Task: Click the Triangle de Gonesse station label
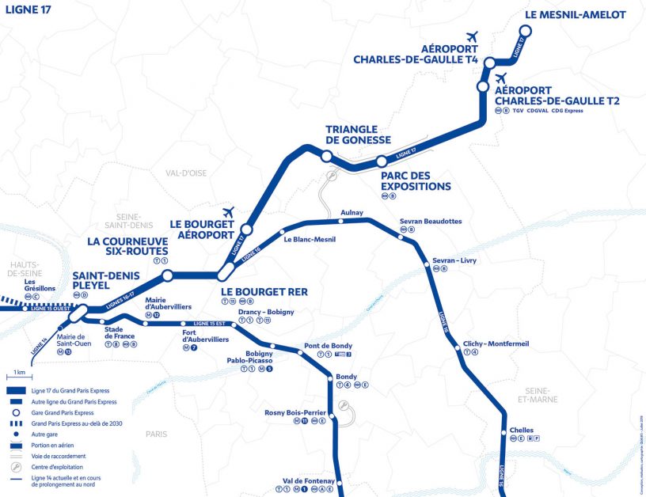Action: coord(358,134)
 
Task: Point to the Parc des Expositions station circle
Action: coord(381,161)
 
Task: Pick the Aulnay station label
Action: coord(351,213)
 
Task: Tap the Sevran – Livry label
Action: coord(454,260)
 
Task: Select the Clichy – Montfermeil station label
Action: coord(496,343)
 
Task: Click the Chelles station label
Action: coord(522,431)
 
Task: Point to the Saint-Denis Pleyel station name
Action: coord(106,281)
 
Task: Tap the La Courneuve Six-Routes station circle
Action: coord(167,275)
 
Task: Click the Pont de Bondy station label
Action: coord(329,346)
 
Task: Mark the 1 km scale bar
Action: coord(20,378)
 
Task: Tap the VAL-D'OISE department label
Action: coord(186,173)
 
